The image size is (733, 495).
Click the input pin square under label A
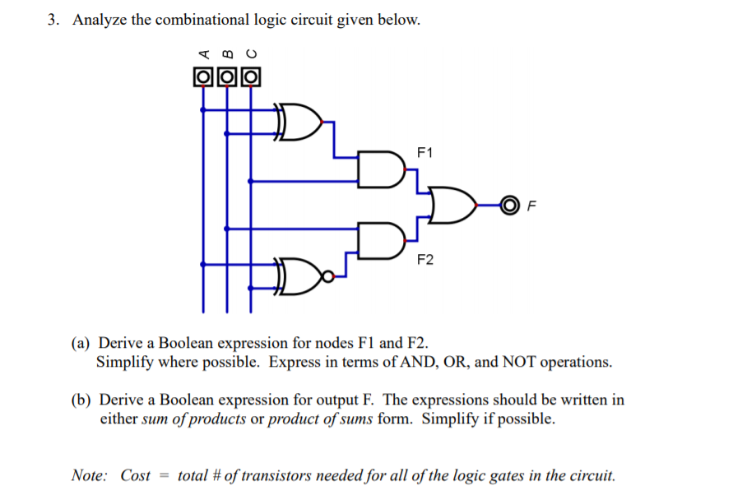[202, 78]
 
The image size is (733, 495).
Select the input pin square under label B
[226, 78]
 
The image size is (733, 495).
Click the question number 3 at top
[53, 21]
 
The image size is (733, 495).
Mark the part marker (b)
[81, 400]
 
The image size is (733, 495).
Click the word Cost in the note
[136, 475]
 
